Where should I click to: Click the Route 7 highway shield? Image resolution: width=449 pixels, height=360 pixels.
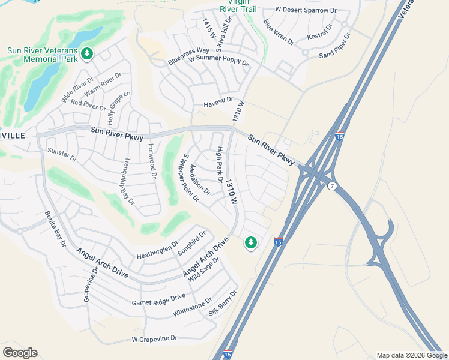click(333, 187)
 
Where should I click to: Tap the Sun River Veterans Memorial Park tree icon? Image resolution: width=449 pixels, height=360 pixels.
click(88, 55)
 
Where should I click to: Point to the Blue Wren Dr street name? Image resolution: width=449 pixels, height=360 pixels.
click(279, 32)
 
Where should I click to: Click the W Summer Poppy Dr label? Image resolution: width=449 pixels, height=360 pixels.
click(218, 61)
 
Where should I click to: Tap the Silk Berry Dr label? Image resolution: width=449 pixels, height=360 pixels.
click(223, 303)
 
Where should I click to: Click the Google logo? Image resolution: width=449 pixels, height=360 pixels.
click(20, 353)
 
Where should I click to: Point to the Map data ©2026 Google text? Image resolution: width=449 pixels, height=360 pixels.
click(411, 355)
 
